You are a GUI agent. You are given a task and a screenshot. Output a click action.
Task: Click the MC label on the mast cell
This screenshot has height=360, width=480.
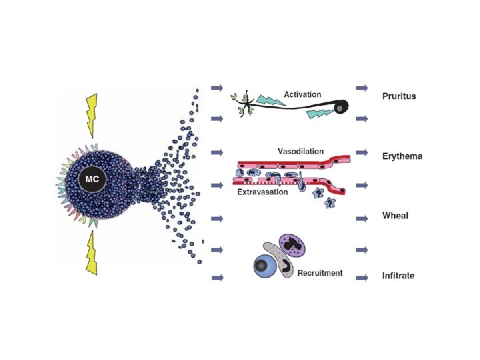coord(89,179)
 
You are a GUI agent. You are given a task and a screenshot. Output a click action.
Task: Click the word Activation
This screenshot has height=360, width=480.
coord(302,95)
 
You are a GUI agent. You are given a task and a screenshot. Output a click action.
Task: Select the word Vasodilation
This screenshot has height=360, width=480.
coord(301,151)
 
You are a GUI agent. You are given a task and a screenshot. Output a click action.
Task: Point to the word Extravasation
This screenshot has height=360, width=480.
coord(263,192)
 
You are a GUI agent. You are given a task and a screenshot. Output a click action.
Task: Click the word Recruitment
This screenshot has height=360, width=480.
coord(320,273)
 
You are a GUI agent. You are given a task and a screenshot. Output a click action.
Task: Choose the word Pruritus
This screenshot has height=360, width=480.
coord(399,95)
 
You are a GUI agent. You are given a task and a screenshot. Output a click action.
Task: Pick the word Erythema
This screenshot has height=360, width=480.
coord(402,156)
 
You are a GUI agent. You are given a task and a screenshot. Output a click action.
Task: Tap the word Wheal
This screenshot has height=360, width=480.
coord(395,215)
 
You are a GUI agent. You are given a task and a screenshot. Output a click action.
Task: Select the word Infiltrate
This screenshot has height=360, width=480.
coord(398,275)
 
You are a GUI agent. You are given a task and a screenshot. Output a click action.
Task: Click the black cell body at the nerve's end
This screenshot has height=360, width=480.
coord(341,107)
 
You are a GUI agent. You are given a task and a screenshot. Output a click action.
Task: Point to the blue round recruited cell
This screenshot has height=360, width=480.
coord(265,266)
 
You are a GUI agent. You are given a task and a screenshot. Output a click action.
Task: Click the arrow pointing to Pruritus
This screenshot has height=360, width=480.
coord(362,87)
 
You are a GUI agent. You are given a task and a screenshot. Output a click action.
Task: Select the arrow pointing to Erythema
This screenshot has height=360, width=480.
coord(362,152)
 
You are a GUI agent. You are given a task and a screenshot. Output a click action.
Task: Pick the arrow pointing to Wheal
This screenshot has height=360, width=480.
coord(362,218)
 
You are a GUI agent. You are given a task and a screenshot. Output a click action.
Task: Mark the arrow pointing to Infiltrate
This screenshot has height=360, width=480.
coord(362,277)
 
